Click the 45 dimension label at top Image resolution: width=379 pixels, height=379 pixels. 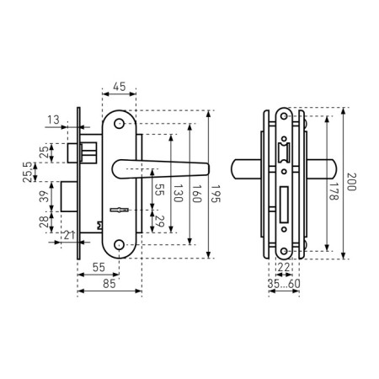120,87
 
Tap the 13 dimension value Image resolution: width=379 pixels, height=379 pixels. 53,120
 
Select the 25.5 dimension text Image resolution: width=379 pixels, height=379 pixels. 28,172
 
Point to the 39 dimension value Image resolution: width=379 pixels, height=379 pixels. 44,196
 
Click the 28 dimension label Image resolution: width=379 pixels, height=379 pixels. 44,222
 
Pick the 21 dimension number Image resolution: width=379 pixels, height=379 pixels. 69,235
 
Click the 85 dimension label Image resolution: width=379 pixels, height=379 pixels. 109,284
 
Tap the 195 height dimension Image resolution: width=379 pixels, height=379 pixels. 216,194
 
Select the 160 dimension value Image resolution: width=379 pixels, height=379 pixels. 197,194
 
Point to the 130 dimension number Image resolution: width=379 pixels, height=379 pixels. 178,193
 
